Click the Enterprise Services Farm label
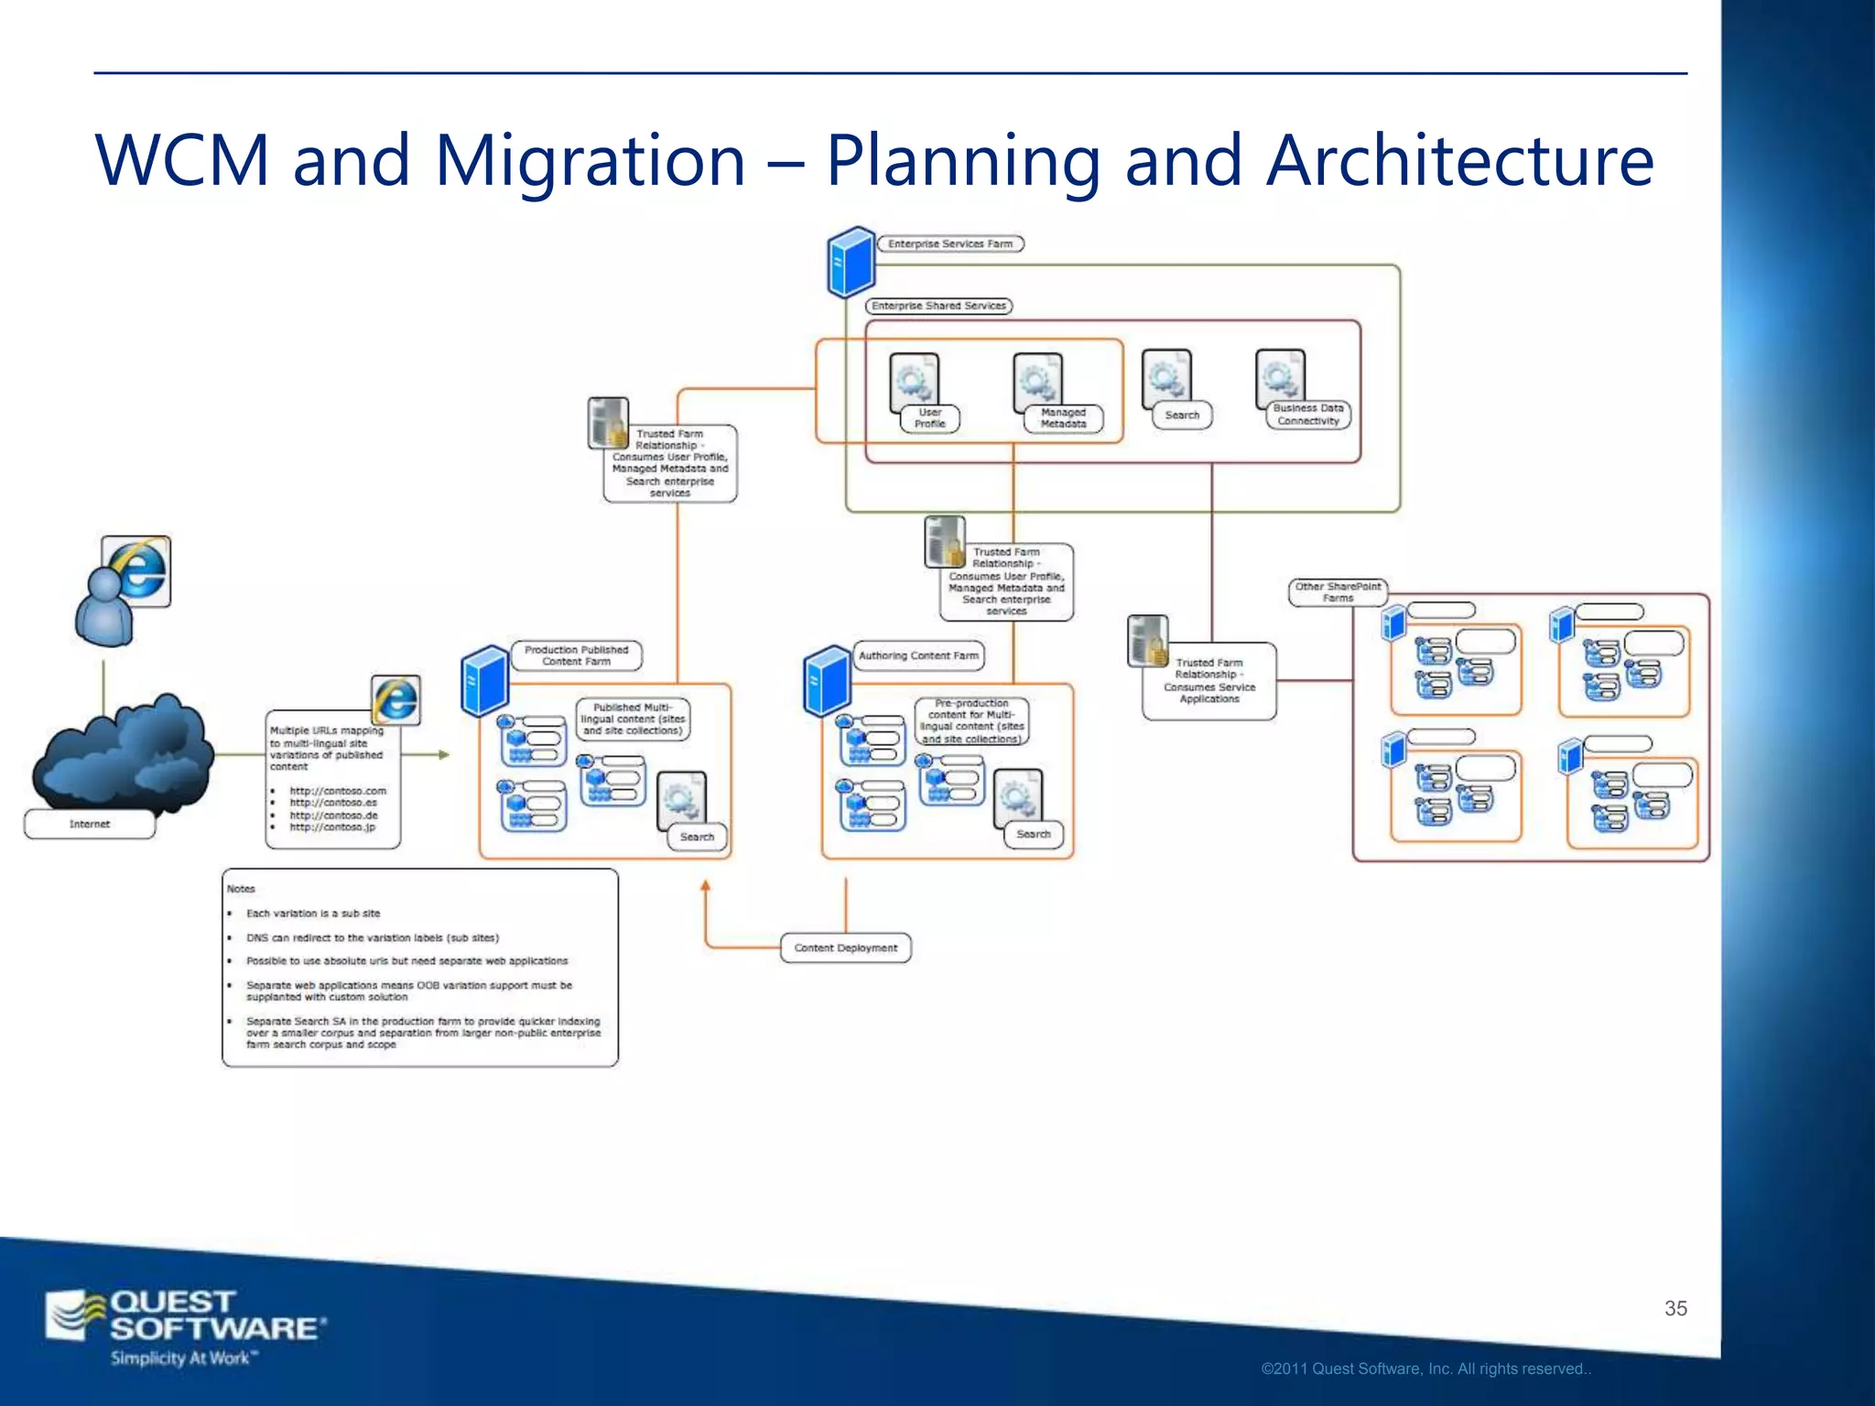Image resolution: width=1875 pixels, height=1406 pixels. point(949,243)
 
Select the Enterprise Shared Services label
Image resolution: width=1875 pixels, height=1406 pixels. point(938,306)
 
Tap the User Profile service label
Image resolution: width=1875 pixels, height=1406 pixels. point(929,418)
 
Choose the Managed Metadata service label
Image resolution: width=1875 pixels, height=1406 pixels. point(1062,418)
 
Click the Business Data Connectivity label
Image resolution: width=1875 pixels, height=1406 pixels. point(1307,415)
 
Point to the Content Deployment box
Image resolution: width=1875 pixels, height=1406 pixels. point(845,947)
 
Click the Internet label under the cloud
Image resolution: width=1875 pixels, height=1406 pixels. point(90,824)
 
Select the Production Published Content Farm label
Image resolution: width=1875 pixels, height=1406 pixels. point(576,655)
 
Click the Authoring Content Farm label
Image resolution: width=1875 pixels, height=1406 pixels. point(918,655)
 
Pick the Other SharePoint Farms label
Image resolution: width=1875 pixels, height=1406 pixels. point(1338,592)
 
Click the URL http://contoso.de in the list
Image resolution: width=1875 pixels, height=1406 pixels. point(333,815)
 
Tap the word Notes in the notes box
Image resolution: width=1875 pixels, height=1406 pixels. point(241,889)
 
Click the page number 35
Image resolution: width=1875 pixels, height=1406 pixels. point(1675,1308)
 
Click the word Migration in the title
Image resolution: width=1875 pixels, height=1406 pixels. point(591,161)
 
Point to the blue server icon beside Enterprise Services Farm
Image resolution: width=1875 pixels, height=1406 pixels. point(851,263)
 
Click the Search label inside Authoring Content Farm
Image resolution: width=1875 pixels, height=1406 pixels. point(1033,834)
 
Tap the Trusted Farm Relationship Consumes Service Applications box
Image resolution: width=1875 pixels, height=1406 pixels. point(1208,680)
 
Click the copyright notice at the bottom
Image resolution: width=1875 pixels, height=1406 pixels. point(1425,1369)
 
